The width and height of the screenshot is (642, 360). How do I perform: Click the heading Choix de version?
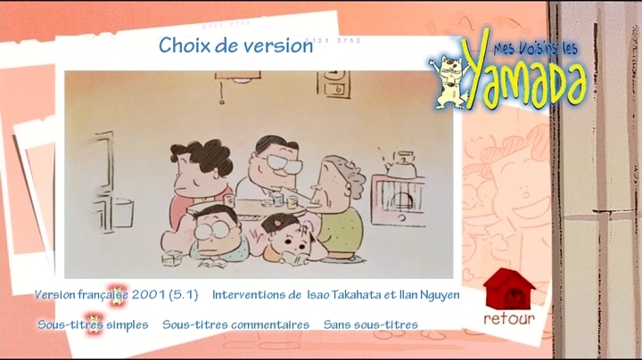(235, 45)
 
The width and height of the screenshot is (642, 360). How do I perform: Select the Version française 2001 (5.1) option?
(116, 295)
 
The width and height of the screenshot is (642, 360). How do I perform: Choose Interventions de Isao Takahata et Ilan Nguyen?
(336, 295)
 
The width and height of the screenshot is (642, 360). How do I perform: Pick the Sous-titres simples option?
(93, 325)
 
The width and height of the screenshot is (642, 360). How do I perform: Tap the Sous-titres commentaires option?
(235, 325)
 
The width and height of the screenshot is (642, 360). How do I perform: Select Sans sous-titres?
(371, 325)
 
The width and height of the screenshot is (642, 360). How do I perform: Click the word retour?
(509, 319)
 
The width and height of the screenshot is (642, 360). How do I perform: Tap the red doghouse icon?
(509, 290)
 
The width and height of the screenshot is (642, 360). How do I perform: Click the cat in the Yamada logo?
(449, 83)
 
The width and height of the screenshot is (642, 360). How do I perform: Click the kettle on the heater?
(399, 165)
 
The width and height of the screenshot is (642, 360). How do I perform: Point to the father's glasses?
(282, 163)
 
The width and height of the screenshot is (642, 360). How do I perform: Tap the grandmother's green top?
(341, 230)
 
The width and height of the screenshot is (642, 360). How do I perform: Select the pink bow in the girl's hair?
(278, 224)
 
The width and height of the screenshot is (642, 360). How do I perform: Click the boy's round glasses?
(212, 230)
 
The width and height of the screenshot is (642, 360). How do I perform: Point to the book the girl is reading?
(296, 258)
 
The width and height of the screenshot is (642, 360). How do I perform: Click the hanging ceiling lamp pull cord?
(221, 93)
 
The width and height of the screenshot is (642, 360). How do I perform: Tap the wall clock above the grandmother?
(334, 84)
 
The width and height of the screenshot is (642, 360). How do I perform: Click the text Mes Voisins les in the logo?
(536, 49)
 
